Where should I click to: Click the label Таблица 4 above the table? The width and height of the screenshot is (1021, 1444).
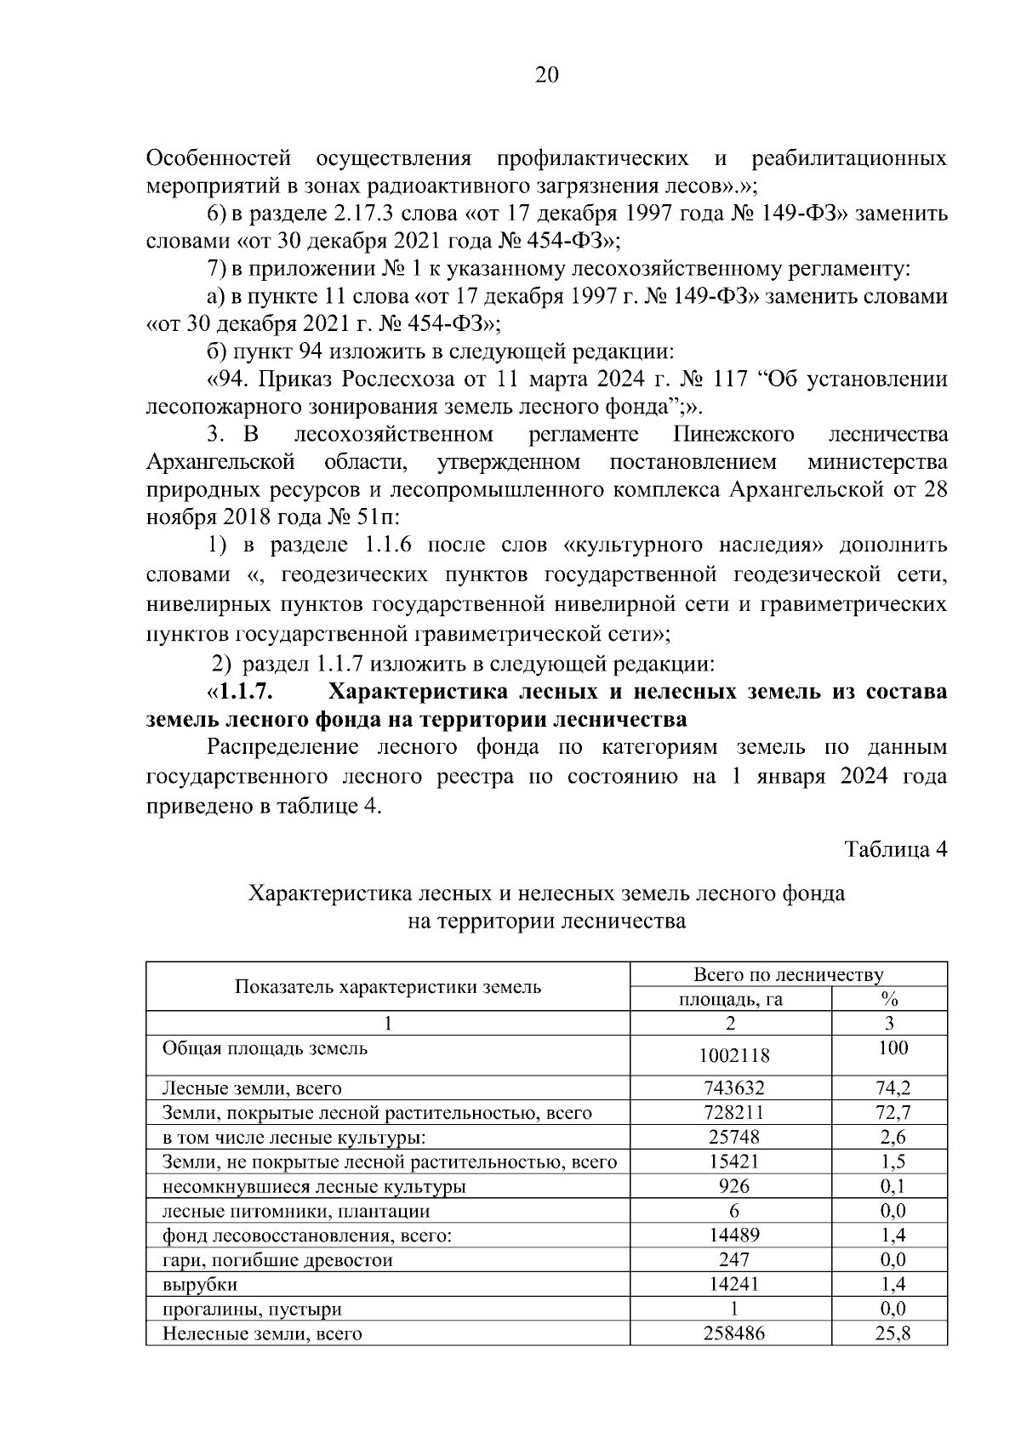(x=895, y=849)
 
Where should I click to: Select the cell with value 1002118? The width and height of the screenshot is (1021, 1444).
(x=733, y=1056)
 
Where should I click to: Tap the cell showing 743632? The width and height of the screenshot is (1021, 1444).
(x=733, y=1088)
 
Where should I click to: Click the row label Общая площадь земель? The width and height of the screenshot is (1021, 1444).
(x=265, y=1048)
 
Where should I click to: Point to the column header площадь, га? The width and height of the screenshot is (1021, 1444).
(x=730, y=1000)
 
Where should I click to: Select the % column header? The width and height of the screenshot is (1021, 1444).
(x=890, y=999)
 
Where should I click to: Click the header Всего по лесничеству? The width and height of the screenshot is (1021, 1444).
(x=788, y=975)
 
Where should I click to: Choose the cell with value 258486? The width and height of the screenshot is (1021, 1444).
(x=733, y=1334)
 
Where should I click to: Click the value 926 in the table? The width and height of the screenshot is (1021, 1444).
(x=733, y=1187)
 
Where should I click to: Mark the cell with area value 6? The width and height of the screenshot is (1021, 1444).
(x=733, y=1212)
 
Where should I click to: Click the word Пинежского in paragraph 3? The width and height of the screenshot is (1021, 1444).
(x=733, y=436)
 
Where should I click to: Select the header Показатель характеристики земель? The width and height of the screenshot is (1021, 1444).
(x=388, y=987)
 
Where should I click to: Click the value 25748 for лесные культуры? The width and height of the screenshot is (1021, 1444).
(x=733, y=1138)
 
